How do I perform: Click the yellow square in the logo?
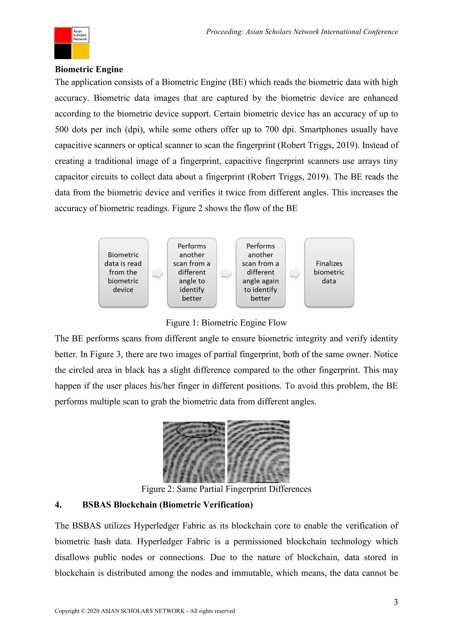[x=81, y=51]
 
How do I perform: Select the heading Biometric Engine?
[x=89, y=69]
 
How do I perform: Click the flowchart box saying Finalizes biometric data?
[x=329, y=272]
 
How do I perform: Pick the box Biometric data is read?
[x=123, y=272]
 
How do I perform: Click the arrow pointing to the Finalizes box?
[x=295, y=273]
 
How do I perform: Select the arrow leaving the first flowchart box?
[x=158, y=273]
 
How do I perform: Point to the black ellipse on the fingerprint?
[x=197, y=429]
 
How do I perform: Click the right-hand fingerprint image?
[x=258, y=452]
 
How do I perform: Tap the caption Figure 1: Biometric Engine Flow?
[x=226, y=323]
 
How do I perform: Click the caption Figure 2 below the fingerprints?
[x=226, y=489]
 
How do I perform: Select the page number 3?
[x=395, y=602]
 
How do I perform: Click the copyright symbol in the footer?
[x=83, y=611]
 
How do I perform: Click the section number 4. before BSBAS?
[x=58, y=505]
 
